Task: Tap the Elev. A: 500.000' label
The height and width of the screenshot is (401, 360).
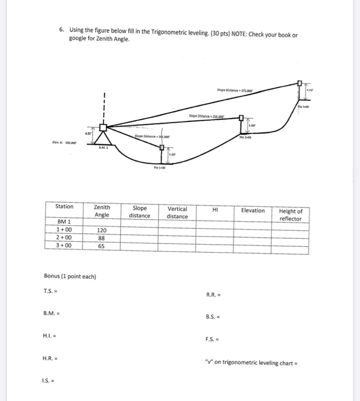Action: click(x=60, y=144)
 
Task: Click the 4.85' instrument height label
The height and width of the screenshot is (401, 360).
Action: click(x=89, y=133)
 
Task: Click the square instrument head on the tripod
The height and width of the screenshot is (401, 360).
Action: click(x=104, y=129)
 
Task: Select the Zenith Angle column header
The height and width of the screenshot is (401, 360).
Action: click(x=101, y=211)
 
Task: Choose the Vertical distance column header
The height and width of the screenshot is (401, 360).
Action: click(x=177, y=213)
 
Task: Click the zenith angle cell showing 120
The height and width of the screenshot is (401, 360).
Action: click(x=101, y=230)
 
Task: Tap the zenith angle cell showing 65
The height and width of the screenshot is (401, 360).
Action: click(x=101, y=246)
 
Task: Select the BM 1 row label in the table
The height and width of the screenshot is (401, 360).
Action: click(x=64, y=222)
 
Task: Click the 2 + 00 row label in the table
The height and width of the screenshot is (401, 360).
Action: click(x=64, y=238)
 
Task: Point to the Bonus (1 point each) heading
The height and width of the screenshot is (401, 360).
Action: click(x=70, y=276)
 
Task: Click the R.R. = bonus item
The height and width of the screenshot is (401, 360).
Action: click(x=213, y=296)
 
